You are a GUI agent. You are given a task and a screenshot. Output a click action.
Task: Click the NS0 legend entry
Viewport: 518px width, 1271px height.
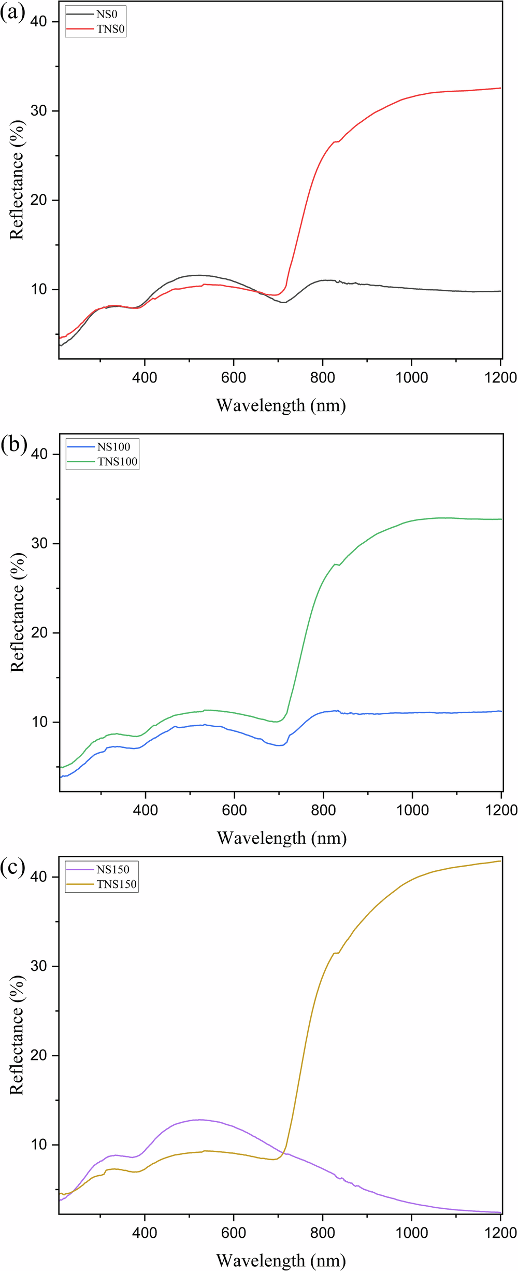[x=107, y=15]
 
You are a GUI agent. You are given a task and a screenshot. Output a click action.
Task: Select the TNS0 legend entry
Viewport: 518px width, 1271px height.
[x=110, y=29]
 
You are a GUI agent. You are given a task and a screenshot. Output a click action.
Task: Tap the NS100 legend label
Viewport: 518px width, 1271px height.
[x=113, y=447]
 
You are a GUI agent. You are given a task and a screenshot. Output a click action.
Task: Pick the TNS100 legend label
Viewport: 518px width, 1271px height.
[x=118, y=461]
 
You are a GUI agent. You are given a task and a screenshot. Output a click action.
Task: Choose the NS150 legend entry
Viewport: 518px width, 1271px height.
[x=113, y=869]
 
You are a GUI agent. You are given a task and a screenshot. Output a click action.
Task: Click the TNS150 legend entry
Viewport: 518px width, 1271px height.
[x=117, y=884]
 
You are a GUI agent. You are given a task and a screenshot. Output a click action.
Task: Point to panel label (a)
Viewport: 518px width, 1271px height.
[x=12, y=12]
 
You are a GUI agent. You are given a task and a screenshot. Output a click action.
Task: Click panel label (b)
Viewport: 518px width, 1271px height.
[x=13, y=444]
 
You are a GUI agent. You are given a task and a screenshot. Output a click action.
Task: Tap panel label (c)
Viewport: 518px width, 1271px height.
[x=12, y=867]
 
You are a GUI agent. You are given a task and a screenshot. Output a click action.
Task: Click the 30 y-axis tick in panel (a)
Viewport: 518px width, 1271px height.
[x=39, y=111]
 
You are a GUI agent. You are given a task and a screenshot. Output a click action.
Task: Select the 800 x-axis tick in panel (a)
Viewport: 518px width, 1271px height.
[x=323, y=377]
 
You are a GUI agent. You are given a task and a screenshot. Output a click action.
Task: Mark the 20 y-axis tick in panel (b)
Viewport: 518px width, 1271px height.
[x=39, y=633]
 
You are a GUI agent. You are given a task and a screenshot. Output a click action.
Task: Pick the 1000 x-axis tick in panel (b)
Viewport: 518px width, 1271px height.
[x=413, y=810]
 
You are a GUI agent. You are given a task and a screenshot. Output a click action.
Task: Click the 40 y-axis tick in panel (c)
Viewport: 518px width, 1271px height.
[x=39, y=877]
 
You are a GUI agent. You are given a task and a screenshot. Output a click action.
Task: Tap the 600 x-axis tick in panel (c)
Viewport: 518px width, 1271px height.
[x=234, y=1233]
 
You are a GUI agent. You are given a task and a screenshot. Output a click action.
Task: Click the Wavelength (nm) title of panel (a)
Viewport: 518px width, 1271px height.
[x=281, y=405]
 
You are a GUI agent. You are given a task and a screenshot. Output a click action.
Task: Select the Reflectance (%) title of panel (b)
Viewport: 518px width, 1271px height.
[x=17, y=612]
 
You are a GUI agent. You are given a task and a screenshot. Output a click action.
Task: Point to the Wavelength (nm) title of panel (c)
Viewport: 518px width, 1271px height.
[x=281, y=1260]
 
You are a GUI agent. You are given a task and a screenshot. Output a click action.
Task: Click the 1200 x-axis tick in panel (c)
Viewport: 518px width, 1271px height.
[x=500, y=1233]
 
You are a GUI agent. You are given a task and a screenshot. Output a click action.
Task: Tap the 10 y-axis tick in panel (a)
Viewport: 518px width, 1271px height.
[x=39, y=289]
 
